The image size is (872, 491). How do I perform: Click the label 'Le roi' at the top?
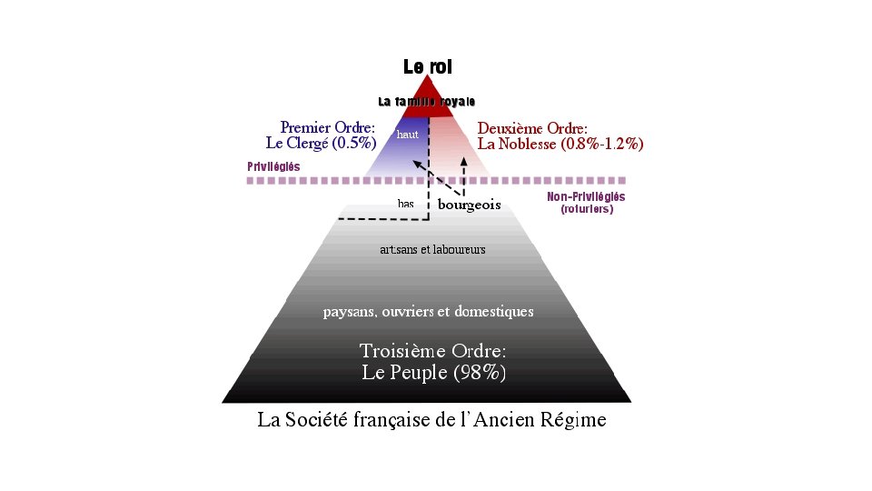[427, 67]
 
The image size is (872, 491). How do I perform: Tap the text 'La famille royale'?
[427, 101]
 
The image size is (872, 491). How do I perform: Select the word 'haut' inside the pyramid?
[408, 135]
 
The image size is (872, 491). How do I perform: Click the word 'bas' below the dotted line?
[405, 204]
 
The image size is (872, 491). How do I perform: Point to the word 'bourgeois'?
[469, 205]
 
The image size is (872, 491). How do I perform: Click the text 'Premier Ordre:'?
[328, 128]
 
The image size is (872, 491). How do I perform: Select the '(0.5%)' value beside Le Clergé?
[354, 144]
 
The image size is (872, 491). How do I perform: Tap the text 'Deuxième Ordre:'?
[532, 128]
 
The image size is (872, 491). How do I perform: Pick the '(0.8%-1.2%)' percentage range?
[603, 144]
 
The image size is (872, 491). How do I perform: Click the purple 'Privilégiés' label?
[273, 167]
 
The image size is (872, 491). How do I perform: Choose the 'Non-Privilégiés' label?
[586, 197]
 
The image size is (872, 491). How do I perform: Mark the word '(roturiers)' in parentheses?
[587, 209]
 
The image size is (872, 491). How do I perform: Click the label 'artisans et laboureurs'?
[432, 249]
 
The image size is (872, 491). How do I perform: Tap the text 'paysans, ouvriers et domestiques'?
[429, 312]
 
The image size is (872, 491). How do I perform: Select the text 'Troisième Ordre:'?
[432, 351]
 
